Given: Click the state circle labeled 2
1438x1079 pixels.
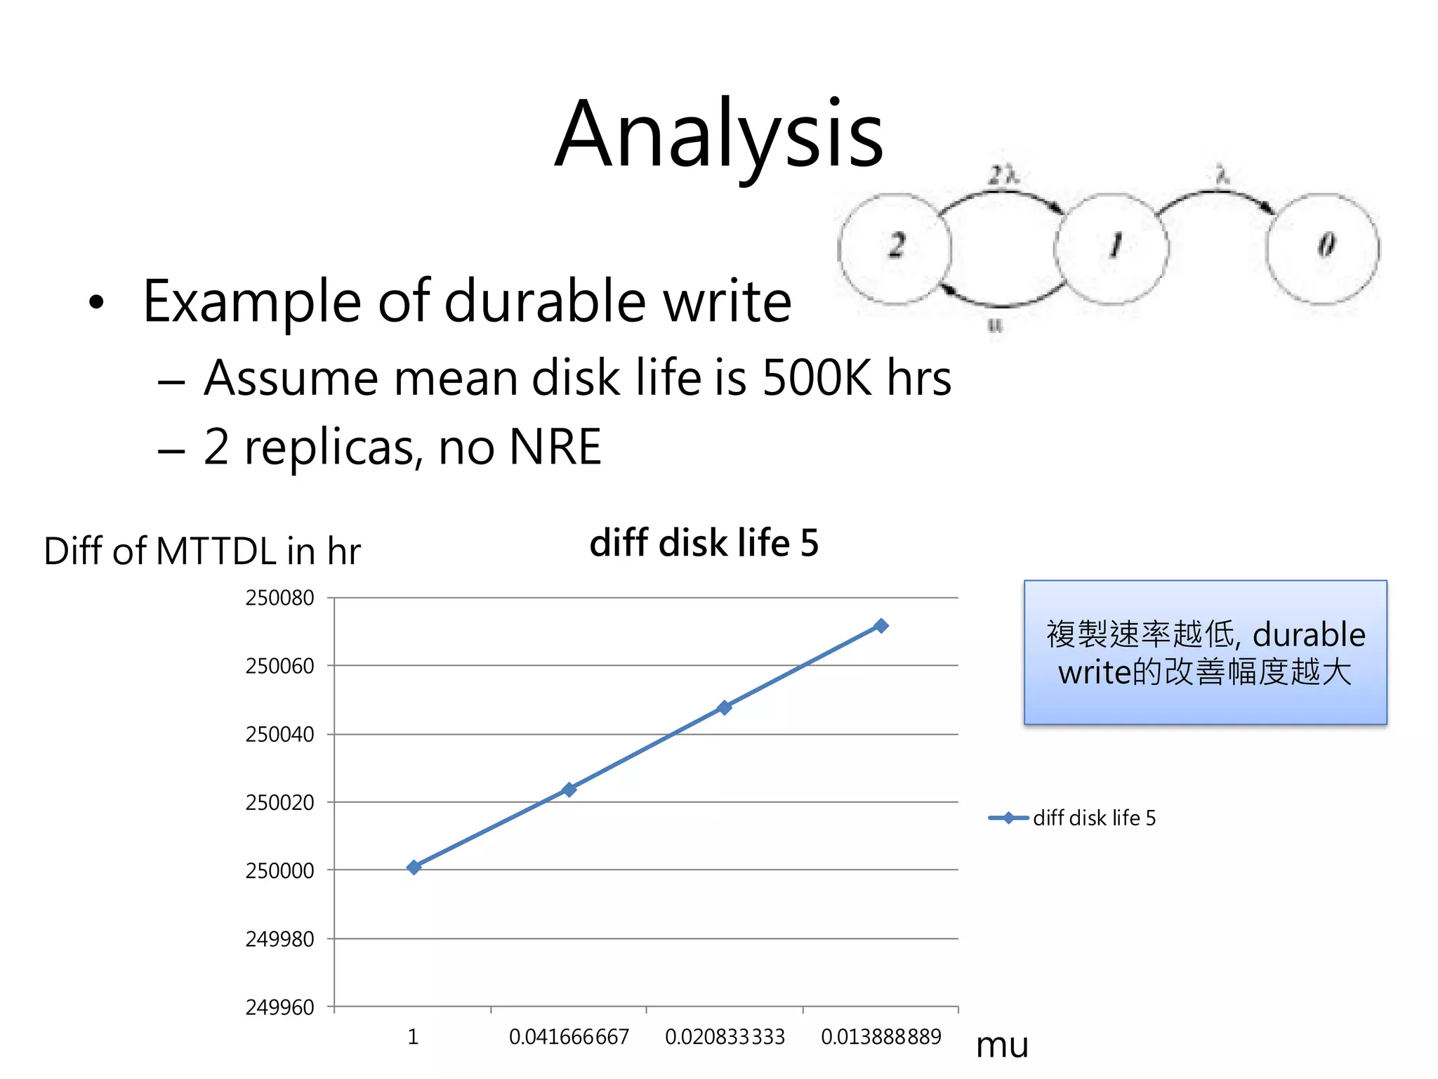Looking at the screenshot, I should tap(895, 249).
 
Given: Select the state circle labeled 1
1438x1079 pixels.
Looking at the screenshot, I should tap(1112, 249).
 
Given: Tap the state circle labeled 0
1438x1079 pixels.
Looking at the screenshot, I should tap(1323, 249).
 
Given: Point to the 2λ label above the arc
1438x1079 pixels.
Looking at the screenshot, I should tap(1003, 174).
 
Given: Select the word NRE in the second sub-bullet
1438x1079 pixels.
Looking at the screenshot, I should tap(555, 447).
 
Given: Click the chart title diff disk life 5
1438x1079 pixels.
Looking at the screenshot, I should tap(704, 543).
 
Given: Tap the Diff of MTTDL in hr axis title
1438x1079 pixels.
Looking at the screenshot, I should tap(202, 551).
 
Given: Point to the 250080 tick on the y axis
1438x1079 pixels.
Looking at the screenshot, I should tap(279, 598).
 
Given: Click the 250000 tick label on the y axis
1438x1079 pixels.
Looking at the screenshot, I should tap(279, 870).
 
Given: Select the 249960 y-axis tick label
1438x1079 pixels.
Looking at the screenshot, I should tap(279, 1007).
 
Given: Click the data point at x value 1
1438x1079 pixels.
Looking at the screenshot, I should tap(414, 867).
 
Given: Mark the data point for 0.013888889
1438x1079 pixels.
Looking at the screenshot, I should tap(880, 625).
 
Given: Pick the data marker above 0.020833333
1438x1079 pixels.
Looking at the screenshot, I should tap(725, 707).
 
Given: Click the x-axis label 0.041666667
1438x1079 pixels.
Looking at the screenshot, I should tap(569, 1037).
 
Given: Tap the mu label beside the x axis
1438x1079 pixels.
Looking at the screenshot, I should tap(1002, 1045).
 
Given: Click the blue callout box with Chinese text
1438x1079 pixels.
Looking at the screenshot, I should tap(1205, 652).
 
